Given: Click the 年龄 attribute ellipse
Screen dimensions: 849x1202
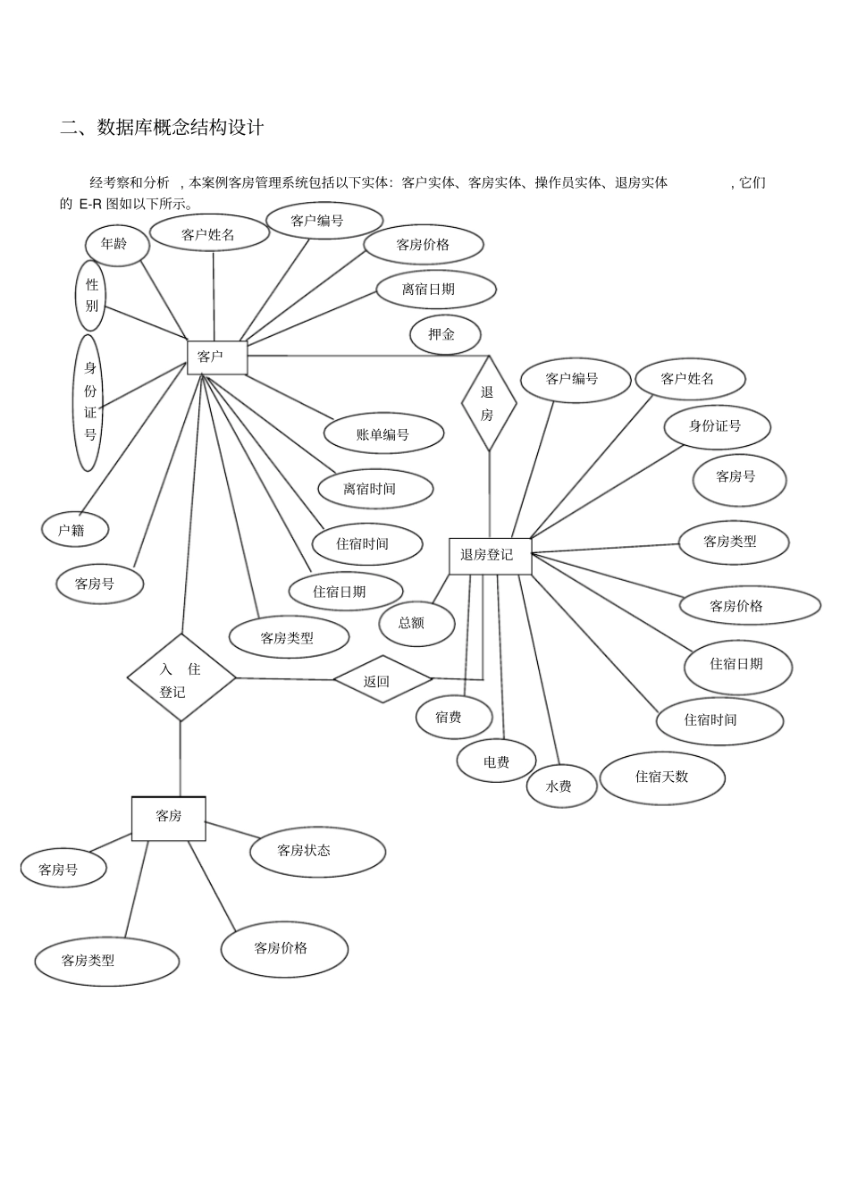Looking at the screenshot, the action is tap(117, 245).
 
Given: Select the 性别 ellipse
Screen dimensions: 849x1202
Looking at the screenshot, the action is tap(90, 295).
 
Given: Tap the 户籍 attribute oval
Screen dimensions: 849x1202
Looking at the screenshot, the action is tap(75, 530).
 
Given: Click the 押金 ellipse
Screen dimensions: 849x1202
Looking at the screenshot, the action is tap(445, 335).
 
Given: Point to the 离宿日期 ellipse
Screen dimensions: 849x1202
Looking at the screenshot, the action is tap(436, 290).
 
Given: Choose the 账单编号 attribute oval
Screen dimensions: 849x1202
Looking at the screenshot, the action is tap(383, 433).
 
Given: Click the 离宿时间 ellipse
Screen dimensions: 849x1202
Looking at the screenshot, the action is tap(375, 489).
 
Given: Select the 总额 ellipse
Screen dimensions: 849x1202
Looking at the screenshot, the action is tap(417, 624).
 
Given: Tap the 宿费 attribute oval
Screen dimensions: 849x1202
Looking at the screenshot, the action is tap(454, 717).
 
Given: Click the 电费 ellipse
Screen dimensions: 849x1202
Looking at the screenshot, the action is tap(496, 761).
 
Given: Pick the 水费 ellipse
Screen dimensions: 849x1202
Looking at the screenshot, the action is tap(561, 786).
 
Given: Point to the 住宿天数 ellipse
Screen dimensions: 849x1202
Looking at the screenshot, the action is tap(662, 778).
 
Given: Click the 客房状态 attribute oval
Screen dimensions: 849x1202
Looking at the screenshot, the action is tap(317, 852).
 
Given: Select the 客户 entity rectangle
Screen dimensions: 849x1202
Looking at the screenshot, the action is tap(217, 357).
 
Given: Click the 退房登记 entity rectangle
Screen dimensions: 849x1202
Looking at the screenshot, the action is tap(490, 556).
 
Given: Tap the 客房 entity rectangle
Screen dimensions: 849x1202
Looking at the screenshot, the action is tap(169, 819).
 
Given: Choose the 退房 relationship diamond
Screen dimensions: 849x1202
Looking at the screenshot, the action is tap(489, 404).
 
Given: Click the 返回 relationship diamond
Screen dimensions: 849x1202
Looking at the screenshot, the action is tap(382, 679).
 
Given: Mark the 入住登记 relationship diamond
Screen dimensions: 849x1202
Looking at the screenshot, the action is tap(181, 677).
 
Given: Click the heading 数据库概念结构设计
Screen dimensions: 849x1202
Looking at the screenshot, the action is tap(181, 128).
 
